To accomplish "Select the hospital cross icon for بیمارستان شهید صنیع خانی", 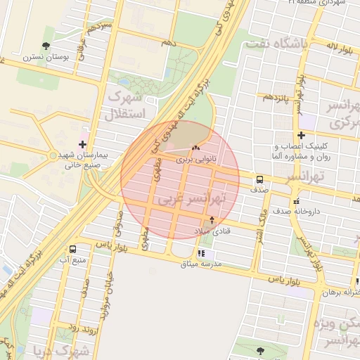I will coord(83,143).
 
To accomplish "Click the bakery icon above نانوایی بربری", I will coord(195,148).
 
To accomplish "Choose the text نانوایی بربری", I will coord(195,160).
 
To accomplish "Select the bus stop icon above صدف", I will coord(259,179).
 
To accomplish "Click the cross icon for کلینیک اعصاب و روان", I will coord(301,135).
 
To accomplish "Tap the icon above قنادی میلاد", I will coord(212,220).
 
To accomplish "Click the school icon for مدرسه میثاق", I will coord(202,253).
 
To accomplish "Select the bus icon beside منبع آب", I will coord(73,249).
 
